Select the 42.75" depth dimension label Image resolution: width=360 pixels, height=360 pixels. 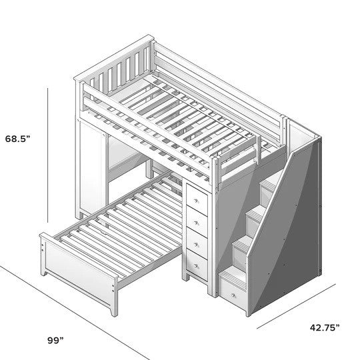coord(323,327)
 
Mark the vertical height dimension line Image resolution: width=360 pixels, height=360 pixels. coord(48,157)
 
